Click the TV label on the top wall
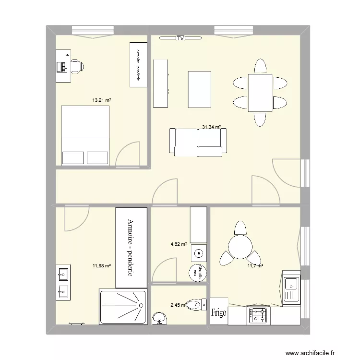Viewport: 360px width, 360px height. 180,38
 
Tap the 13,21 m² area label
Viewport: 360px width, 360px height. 102,100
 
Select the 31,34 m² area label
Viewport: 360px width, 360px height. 211,127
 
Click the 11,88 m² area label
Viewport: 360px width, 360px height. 101,265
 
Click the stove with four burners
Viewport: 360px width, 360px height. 258,315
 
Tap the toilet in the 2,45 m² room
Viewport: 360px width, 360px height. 195,305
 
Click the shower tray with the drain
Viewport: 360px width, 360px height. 122,306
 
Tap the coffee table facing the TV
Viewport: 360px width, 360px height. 200,89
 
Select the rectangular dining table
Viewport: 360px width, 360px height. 260,92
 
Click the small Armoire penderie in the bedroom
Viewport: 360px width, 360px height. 138,65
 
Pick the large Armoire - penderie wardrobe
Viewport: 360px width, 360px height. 131,247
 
